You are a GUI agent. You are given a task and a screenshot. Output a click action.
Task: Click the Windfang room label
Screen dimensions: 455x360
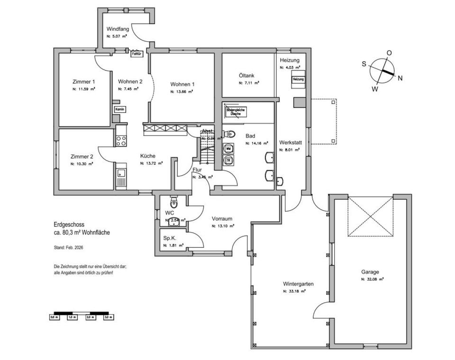pos(118,29)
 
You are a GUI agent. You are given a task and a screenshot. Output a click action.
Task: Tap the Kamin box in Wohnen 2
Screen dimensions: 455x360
pos(119,109)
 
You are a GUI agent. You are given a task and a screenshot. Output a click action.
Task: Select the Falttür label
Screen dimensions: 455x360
pos(136,54)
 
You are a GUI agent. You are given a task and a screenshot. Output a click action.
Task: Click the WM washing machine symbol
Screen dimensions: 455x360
pos(228,149)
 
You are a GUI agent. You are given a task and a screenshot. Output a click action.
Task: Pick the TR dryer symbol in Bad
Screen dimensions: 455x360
pos(228,160)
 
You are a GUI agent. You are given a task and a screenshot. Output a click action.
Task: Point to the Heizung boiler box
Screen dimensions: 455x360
pos(298,79)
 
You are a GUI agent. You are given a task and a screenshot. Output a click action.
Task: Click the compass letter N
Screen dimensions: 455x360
pos(400,78)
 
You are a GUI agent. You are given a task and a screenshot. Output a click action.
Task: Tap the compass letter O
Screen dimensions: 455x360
pos(389,53)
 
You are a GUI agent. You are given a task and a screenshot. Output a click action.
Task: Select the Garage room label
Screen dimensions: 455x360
pos(370,272)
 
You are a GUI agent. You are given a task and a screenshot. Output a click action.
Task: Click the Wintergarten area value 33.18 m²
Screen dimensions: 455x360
pos(294,291)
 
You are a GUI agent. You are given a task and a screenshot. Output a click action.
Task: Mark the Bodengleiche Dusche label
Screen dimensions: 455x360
pos(236,112)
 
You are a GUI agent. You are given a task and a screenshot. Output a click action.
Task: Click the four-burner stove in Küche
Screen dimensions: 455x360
pos(121,140)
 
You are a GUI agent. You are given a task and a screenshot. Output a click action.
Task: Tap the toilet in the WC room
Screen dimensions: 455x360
pos(173,203)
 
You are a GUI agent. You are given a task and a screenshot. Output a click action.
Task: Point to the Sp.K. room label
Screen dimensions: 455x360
pos(170,238)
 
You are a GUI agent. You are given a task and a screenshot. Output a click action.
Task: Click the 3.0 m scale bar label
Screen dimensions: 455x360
pos(107,317)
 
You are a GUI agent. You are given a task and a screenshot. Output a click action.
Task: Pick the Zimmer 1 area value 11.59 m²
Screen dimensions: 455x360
pos(83,89)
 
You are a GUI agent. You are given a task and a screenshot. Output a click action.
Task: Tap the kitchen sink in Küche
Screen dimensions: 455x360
pos(121,176)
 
